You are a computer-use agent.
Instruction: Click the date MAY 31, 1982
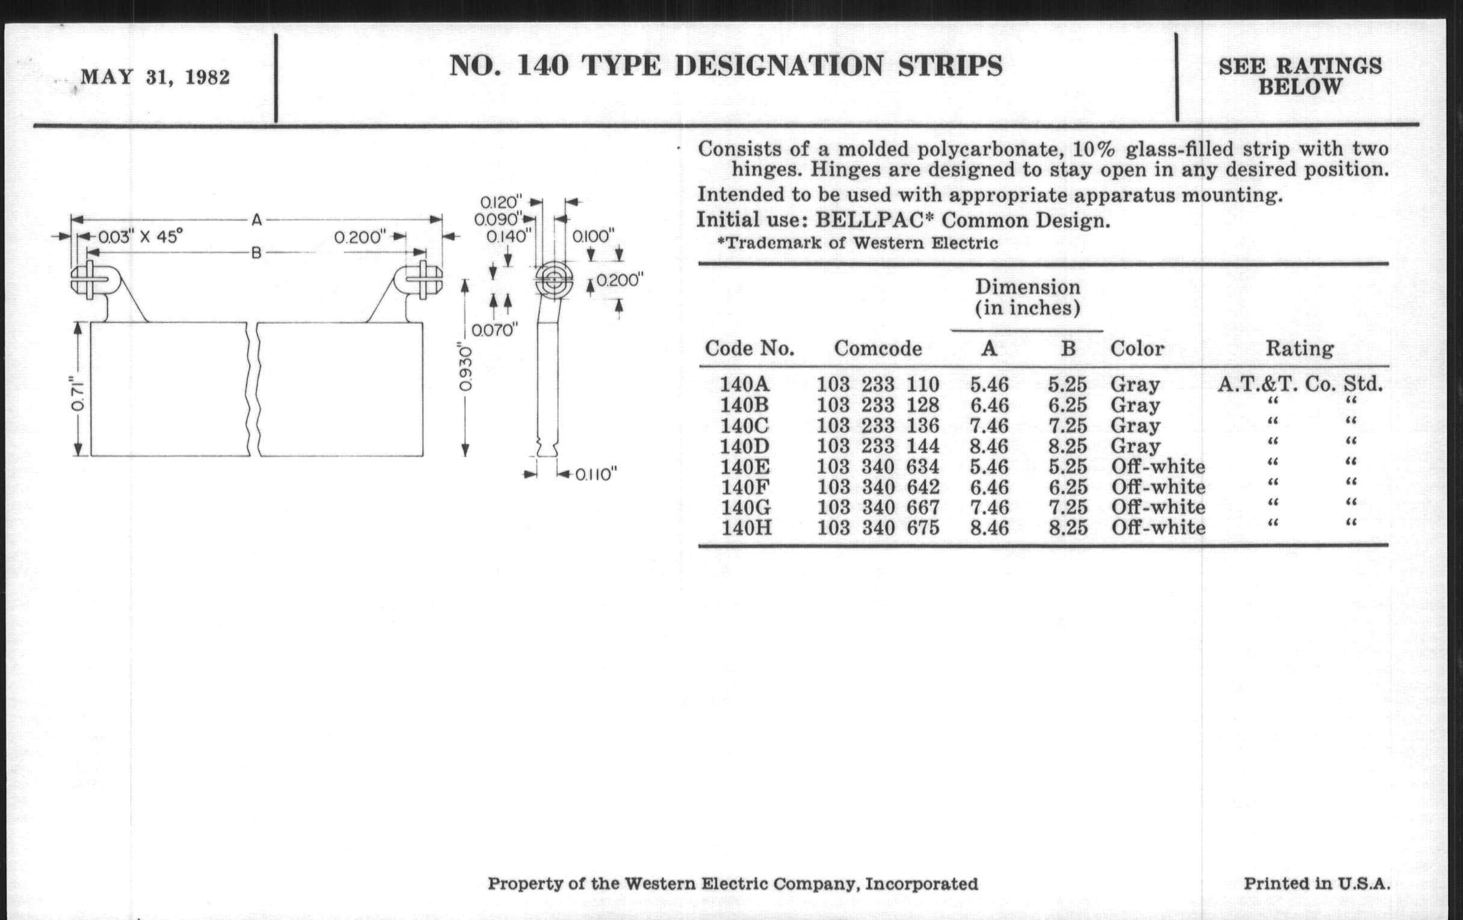pyautogui.click(x=155, y=78)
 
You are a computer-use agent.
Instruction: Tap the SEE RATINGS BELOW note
pyautogui.click(x=1300, y=76)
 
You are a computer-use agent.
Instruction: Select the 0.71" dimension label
pyautogui.click(x=78, y=395)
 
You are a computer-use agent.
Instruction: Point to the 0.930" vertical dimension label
pyautogui.click(x=465, y=367)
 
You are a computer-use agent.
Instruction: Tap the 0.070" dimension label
pyautogui.click(x=494, y=330)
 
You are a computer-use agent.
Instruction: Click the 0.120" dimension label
pyautogui.click(x=501, y=201)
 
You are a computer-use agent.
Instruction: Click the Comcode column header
pyautogui.click(x=878, y=349)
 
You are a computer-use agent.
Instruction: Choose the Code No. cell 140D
pyautogui.click(x=745, y=446)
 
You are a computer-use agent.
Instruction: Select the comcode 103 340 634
pyautogui.click(x=878, y=467)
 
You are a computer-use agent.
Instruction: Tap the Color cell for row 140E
pyautogui.click(x=1158, y=467)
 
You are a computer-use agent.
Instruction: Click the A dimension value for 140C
pyautogui.click(x=989, y=426)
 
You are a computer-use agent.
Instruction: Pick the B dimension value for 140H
pyautogui.click(x=1068, y=528)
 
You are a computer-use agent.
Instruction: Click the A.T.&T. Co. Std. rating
pyautogui.click(x=1300, y=384)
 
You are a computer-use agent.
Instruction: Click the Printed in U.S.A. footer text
pyautogui.click(x=1317, y=883)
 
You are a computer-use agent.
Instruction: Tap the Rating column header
pyautogui.click(x=1299, y=349)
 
